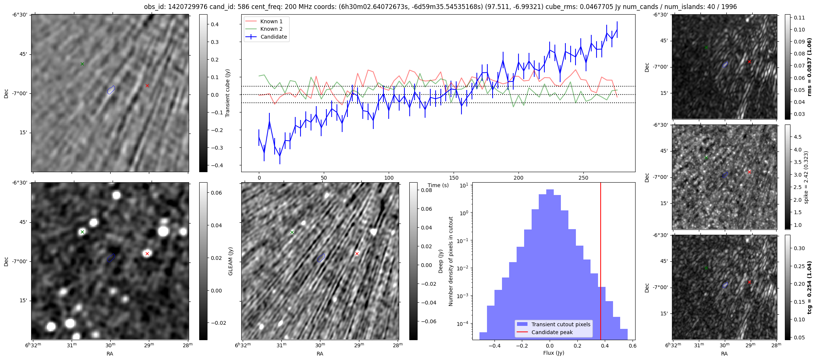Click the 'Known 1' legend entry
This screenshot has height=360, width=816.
[271, 21]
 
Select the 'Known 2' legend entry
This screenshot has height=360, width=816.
[271, 29]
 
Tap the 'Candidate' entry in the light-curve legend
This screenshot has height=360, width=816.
[274, 37]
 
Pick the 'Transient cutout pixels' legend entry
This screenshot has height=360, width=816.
[561, 324]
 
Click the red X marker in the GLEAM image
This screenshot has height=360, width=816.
[147, 254]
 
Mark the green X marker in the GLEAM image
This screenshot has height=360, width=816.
[82, 232]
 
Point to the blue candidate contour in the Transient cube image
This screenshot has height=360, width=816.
[111, 90]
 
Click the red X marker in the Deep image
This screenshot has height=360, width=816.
[357, 254]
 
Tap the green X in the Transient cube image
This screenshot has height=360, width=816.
[82, 64]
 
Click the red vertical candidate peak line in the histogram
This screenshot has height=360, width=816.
[601, 262]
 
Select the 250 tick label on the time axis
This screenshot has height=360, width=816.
[583, 178]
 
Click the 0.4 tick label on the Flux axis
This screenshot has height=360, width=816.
[605, 346]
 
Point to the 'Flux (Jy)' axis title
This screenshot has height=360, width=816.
[553, 353]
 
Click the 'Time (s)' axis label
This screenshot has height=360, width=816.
[438, 185]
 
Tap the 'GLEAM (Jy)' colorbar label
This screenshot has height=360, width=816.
[231, 261]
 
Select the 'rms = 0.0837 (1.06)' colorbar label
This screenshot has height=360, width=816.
[809, 67]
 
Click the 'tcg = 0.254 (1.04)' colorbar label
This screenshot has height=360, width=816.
[810, 288]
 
